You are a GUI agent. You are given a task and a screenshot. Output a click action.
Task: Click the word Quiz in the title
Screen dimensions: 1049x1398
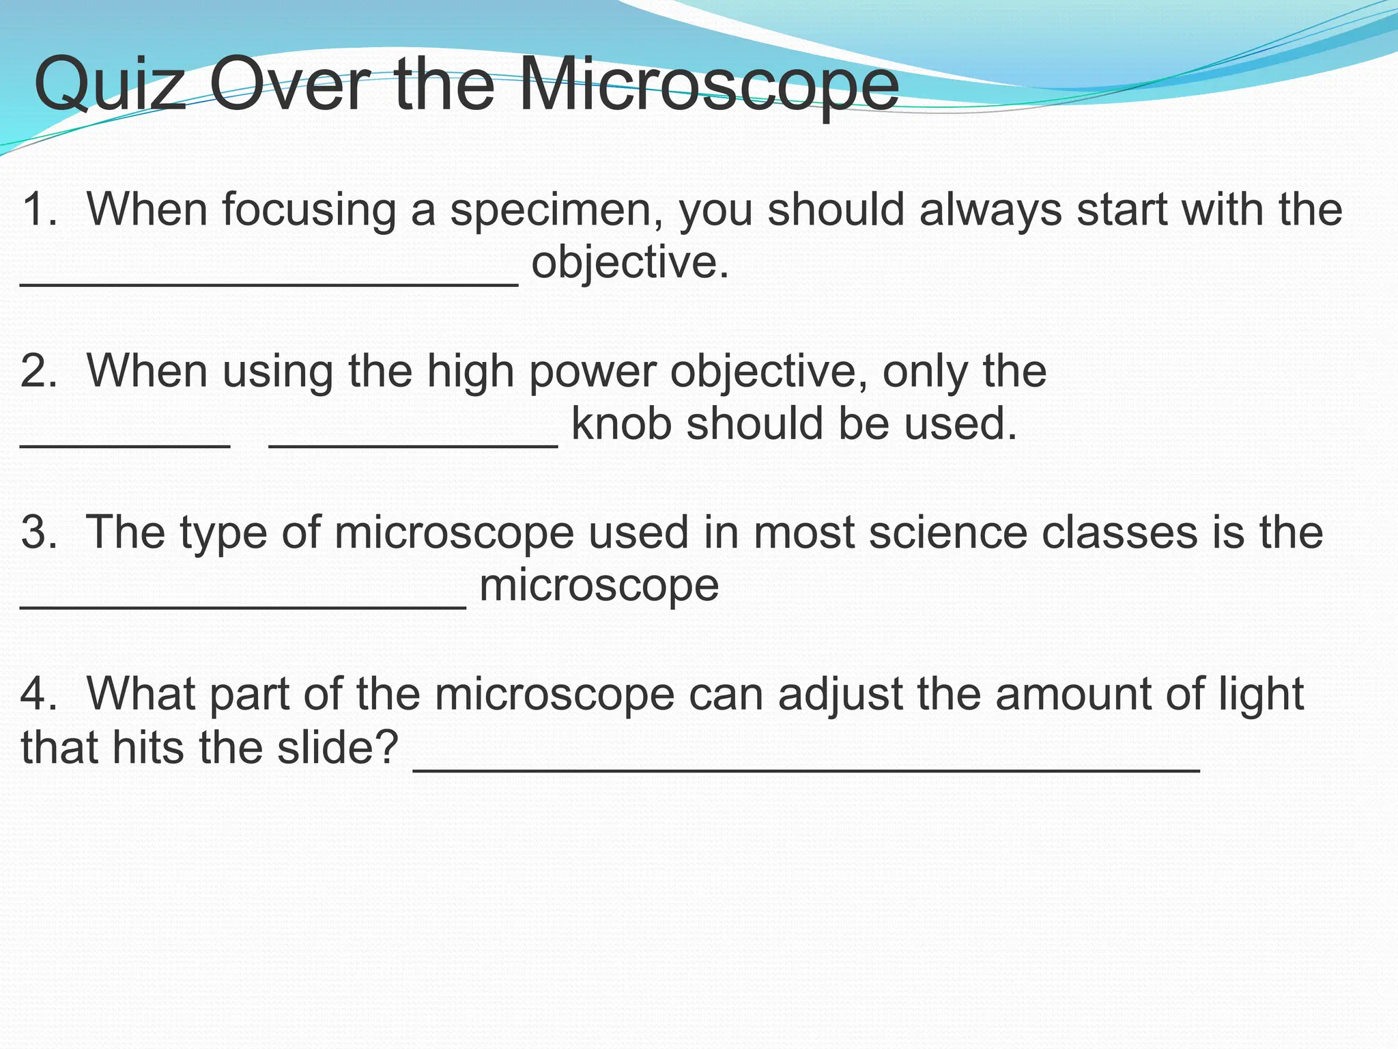109,85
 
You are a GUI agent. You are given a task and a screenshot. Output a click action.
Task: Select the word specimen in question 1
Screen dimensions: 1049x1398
557,210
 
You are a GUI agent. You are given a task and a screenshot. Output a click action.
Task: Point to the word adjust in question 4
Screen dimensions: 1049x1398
840,695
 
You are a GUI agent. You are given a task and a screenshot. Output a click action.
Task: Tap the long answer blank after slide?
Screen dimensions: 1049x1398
806,769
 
